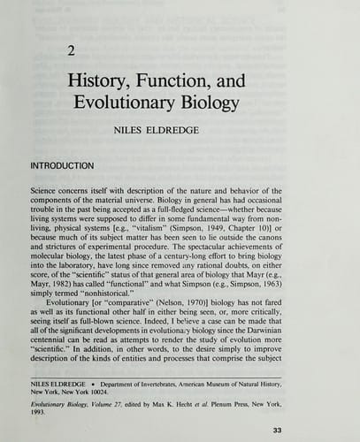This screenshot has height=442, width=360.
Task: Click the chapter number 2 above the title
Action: click(71, 50)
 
